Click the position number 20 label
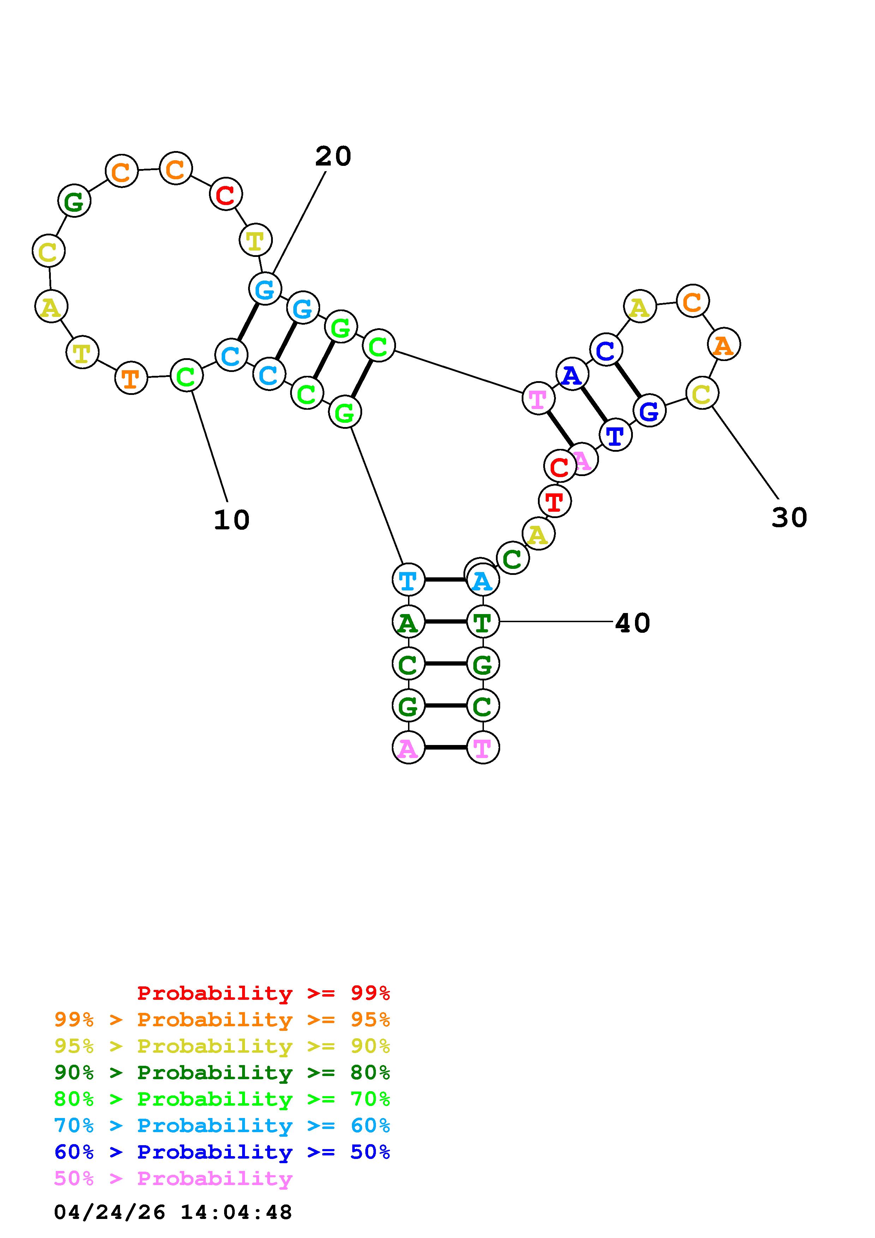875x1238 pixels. tap(333, 156)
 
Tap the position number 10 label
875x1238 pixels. tap(232, 520)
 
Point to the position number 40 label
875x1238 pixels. tap(633, 623)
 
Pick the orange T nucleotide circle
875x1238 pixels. tap(131, 379)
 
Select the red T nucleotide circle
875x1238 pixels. tap(555, 501)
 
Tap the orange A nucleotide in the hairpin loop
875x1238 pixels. tap(724, 344)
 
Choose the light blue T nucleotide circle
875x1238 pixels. tap(408, 580)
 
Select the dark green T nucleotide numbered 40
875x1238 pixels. tap(483, 622)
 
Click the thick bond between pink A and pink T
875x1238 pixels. tap(445, 748)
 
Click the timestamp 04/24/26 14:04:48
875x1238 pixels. tap(173, 1212)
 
